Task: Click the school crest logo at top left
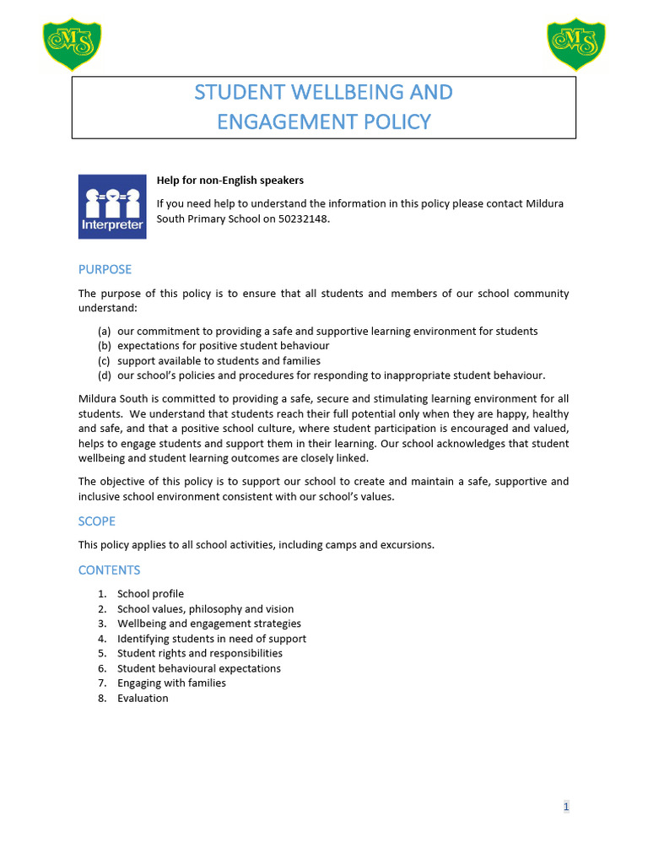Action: [72, 45]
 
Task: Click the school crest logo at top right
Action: [576, 45]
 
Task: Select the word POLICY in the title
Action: [391, 121]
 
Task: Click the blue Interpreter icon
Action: [112, 206]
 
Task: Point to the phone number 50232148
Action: [304, 219]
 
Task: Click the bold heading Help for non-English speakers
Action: [229, 180]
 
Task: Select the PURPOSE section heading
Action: [105, 269]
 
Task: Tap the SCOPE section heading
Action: [96, 521]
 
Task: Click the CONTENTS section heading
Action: [109, 570]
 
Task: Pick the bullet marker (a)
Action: [105, 331]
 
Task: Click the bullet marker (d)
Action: [105, 375]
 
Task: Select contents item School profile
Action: [150, 594]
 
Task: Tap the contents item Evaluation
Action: [143, 698]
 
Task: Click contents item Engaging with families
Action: [171, 683]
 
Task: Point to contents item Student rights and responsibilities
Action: [199, 653]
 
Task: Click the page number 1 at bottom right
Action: [566, 807]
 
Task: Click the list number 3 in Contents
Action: [101, 624]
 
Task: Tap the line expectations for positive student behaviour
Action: [223, 346]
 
